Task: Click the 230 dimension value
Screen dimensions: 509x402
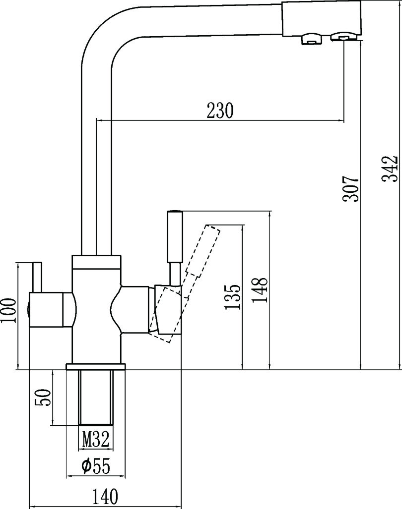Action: coord(220,111)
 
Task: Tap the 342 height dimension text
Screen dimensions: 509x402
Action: coord(391,170)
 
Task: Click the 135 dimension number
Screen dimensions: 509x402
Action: coord(233,296)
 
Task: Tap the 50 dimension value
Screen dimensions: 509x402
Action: coord(44,397)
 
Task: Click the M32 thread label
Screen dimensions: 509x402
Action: coord(96,439)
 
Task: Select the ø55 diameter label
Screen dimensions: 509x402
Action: coord(95,466)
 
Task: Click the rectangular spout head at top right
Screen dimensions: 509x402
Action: coord(322,18)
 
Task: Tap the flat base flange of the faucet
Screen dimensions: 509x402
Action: coord(96,367)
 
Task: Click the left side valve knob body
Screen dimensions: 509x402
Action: coord(50,310)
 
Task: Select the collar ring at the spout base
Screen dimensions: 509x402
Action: coord(96,262)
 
